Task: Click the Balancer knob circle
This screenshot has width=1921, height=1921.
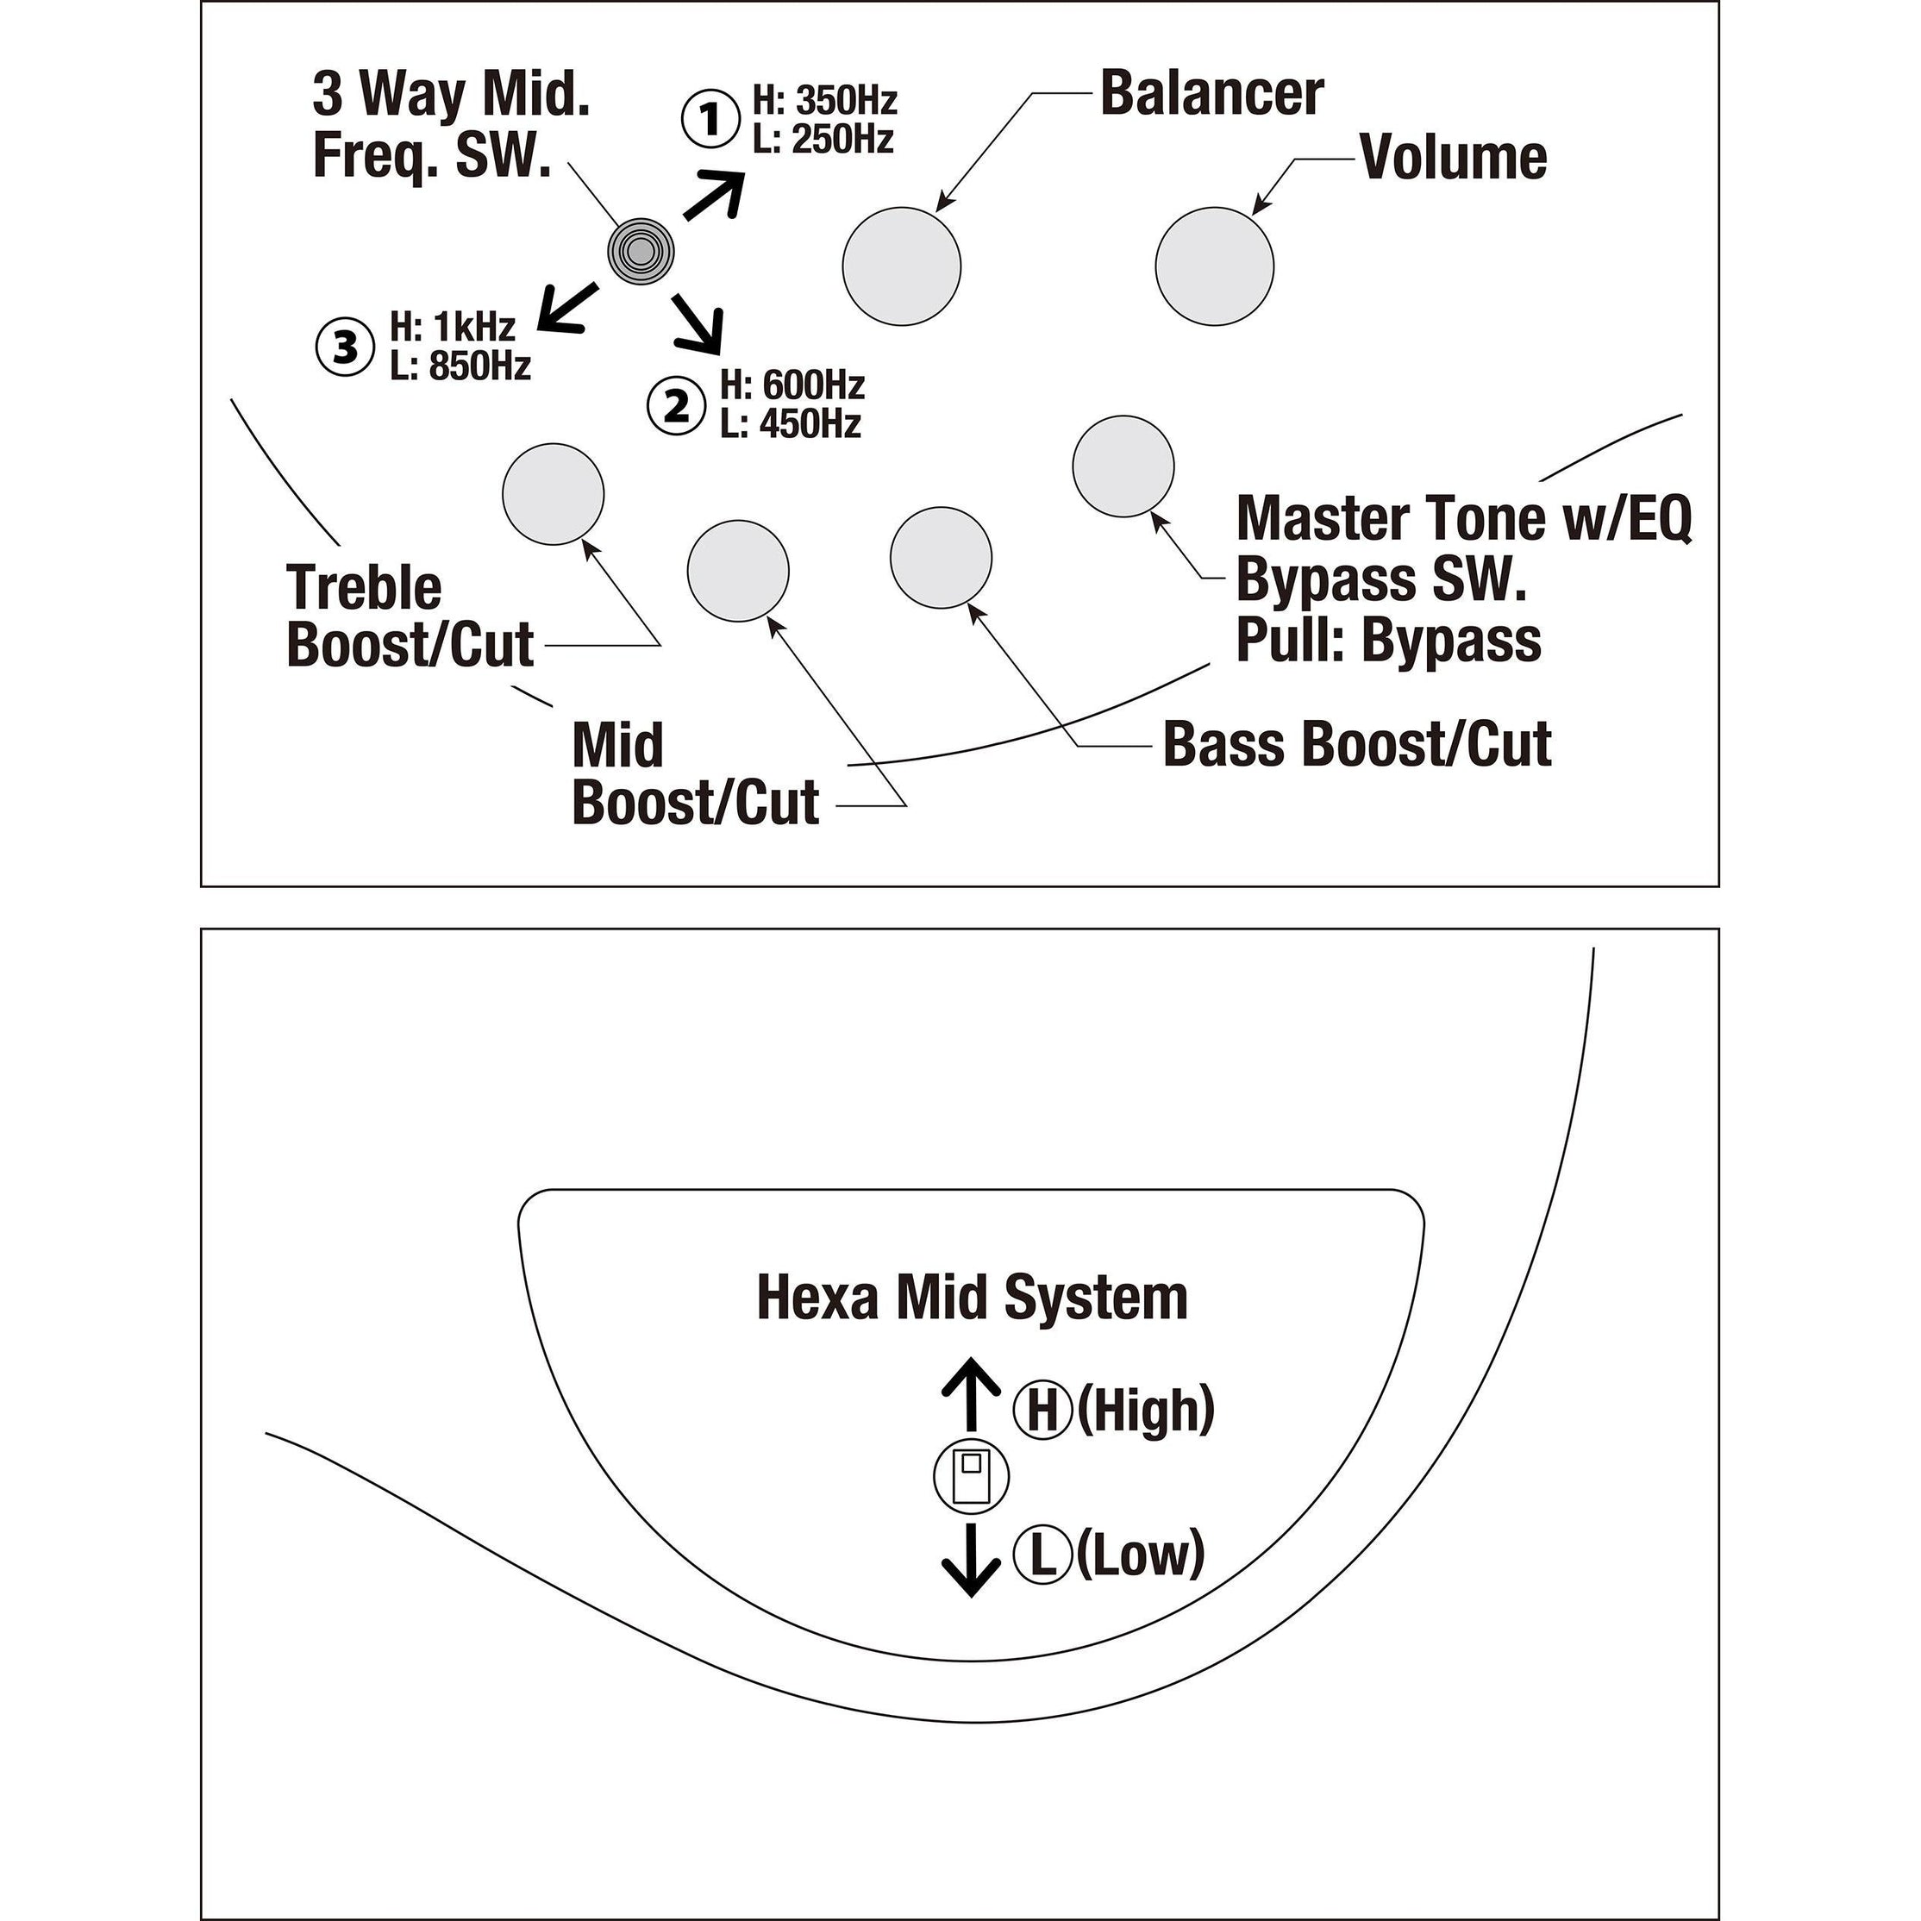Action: (x=901, y=266)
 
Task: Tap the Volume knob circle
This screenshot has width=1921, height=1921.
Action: (x=1214, y=266)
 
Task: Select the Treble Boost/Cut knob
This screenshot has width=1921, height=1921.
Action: (x=553, y=494)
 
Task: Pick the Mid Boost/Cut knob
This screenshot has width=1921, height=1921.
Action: (x=738, y=571)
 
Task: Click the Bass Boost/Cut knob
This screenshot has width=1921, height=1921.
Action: (x=941, y=558)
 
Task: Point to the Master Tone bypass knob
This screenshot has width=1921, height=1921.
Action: (x=1123, y=466)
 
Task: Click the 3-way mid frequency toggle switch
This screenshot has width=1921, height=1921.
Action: (x=641, y=252)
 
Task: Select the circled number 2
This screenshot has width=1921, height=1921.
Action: (x=676, y=406)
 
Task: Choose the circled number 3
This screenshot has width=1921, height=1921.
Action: (x=344, y=347)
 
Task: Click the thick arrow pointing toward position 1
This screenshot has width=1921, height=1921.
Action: (x=714, y=195)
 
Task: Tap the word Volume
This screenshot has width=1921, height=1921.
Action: (x=1453, y=158)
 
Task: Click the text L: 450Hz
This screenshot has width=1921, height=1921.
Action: (x=791, y=424)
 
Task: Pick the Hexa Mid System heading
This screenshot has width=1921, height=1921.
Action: (x=972, y=1298)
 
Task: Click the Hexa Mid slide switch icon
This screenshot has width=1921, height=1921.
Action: (x=971, y=1477)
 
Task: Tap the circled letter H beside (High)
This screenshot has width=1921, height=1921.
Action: (x=1042, y=1411)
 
